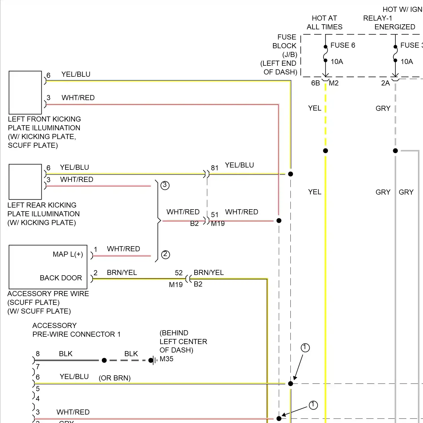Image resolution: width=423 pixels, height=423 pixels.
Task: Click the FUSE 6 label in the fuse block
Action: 342,45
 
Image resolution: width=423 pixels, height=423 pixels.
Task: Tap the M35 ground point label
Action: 166,359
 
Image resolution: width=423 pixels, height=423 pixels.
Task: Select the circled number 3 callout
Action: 165,185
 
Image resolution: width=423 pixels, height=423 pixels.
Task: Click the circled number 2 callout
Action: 166,254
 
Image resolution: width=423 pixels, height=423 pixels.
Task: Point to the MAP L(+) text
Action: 68,254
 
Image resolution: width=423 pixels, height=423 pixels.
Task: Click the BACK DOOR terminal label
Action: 61,278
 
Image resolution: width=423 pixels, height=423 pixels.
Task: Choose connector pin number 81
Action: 215,168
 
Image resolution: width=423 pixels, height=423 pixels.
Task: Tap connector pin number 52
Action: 179,273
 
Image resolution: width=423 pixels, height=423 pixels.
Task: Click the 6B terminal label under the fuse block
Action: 315,83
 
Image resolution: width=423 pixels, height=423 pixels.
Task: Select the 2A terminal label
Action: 385,83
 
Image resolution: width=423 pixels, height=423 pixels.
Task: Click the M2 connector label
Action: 334,83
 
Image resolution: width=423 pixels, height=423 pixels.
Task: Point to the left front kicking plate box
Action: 25,92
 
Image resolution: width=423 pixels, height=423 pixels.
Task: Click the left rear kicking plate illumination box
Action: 25,182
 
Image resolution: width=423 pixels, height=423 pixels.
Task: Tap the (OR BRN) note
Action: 114,378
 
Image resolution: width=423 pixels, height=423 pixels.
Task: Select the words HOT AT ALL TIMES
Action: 324,23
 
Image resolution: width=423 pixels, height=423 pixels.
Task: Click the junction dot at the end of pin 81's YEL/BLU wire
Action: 290,174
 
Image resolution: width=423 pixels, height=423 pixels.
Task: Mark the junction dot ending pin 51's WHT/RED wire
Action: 279,221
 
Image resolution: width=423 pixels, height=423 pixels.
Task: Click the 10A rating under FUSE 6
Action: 337,62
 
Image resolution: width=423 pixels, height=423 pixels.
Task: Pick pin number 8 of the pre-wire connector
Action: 38,354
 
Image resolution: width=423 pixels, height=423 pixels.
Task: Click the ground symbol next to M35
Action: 154,360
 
